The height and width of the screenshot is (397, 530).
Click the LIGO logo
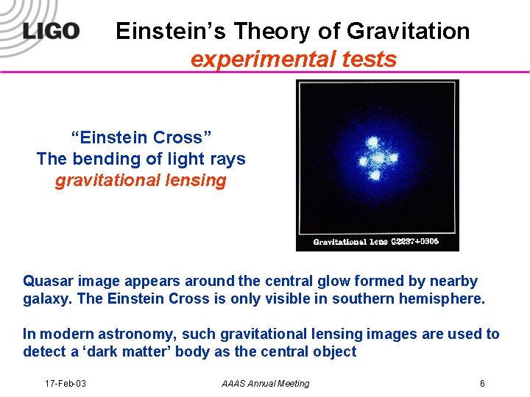[x=50, y=32]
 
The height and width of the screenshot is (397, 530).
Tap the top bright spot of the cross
[x=373, y=141]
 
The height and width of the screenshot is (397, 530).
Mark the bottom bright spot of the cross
[x=377, y=175]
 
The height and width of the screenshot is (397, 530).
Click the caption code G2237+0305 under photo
[x=414, y=241]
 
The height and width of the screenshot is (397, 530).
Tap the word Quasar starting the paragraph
[x=48, y=281]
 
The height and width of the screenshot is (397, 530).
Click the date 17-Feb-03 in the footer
[x=66, y=383]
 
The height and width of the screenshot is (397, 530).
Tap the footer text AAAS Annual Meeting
[x=266, y=383]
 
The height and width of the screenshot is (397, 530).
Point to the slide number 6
[x=481, y=383]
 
